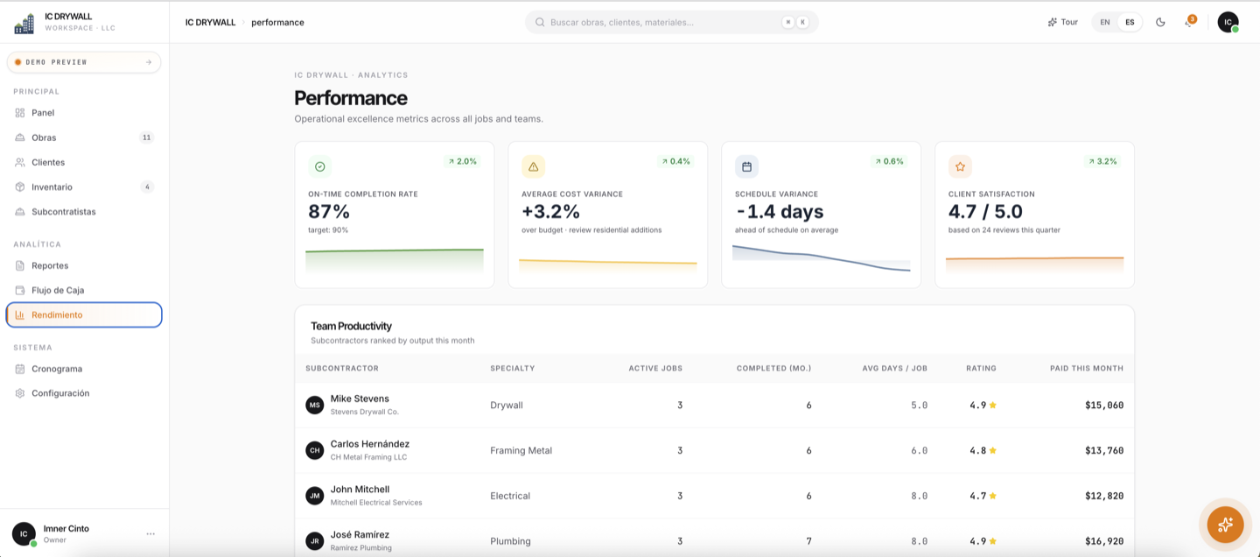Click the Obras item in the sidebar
coord(44,137)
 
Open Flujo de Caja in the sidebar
coord(58,290)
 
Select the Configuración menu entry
coord(60,393)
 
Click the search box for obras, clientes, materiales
coord(672,23)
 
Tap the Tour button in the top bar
coord(1062,23)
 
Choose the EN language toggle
coord(1105,23)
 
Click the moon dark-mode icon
coord(1160,23)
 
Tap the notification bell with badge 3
coord(1189,22)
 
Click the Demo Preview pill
coord(84,62)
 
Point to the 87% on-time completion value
coord(329,212)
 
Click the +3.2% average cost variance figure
coord(550,212)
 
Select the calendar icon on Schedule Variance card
coord(746,166)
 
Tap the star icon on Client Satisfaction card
coord(960,166)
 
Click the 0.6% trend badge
coord(889,162)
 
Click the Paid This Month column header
coord(1086,369)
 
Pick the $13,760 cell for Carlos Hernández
coord(1104,450)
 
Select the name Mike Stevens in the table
coord(360,398)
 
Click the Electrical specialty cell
coord(509,496)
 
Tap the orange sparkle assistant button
coord(1225,525)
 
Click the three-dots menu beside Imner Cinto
coord(150,534)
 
